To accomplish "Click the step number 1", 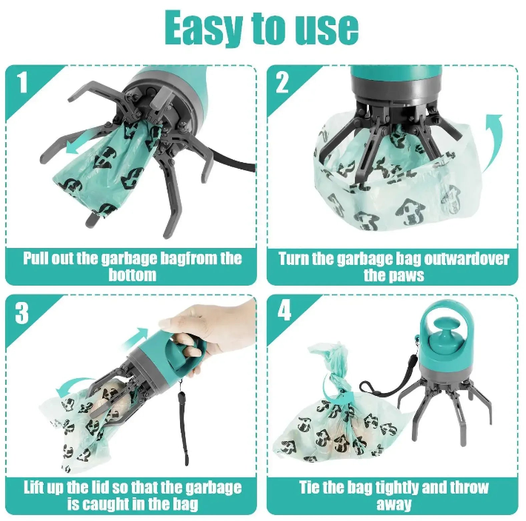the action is tap(22, 82).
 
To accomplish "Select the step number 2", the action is tap(282, 82).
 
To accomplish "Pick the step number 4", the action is tap(284, 311).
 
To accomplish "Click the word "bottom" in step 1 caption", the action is tap(132, 275).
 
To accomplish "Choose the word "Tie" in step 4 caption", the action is tap(309, 487).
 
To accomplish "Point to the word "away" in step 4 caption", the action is tap(394, 504).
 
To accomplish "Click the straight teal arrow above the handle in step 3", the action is tap(136, 339).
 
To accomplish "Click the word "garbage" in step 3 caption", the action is tap(213, 488).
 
